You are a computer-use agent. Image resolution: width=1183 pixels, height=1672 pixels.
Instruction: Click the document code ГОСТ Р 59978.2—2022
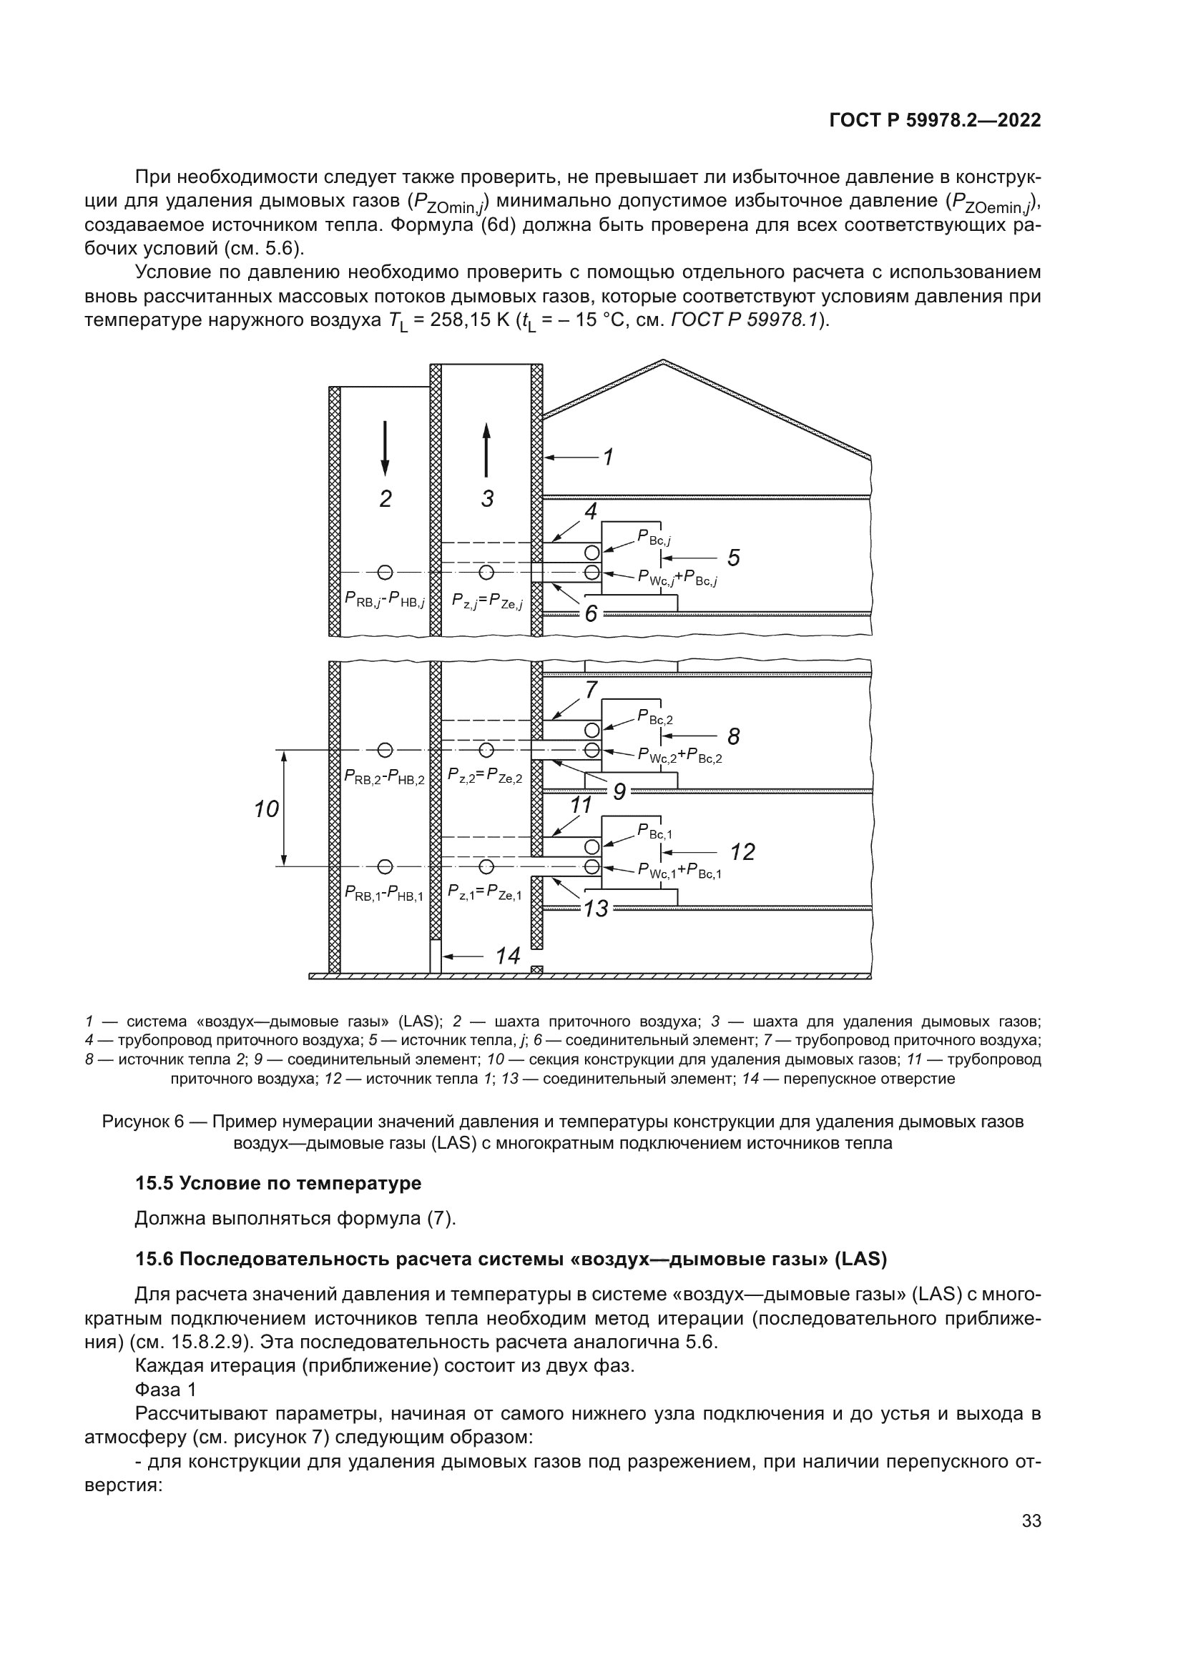pos(935,121)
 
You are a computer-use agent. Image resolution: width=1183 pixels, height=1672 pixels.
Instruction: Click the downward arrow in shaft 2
pos(385,448)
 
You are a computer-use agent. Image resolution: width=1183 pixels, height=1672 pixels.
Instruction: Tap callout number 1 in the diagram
pos(607,457)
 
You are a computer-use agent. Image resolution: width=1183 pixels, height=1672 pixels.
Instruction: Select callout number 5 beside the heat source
pos(733,558)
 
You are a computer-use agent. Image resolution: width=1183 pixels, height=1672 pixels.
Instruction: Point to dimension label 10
pos(267,809)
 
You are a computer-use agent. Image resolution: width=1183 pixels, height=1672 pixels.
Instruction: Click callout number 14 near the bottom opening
pos(508,956)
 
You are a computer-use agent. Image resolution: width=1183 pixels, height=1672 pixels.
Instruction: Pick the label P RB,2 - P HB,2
pos(384,778)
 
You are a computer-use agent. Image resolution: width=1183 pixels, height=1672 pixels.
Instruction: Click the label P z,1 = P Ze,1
pos(485,893)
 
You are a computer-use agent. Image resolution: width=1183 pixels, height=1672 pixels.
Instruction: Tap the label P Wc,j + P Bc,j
pos(677,578)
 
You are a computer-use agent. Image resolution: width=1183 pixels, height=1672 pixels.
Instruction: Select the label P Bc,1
pos(655,830)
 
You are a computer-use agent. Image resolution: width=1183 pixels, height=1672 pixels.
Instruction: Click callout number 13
pos(596,909)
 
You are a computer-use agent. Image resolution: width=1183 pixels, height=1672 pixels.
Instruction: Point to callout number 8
pos(733,737)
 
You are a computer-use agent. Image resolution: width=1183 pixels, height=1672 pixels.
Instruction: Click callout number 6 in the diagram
pos(591,614)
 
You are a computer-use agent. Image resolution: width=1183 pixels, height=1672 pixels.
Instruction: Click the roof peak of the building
pos(662,362)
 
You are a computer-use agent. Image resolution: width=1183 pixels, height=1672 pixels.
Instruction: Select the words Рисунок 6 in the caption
pos(143,1122)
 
